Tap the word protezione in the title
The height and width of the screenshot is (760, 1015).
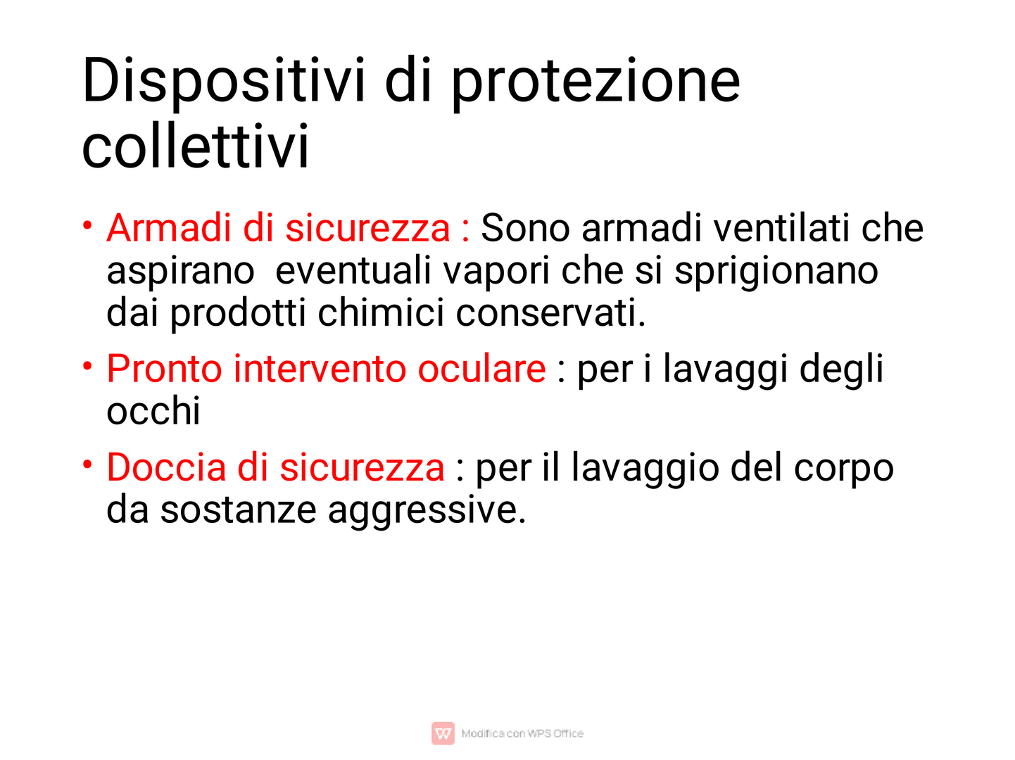[595, 84]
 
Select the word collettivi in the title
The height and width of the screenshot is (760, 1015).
[195, 145]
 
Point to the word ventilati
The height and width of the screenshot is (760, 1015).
[781, 227]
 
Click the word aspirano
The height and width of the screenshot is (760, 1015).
[180, 272]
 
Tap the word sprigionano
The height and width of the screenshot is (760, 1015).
[776, 272]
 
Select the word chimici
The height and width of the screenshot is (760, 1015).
[381, 312]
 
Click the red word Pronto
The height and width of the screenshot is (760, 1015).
[164, 369]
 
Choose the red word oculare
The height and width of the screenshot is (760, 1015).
[482, 369]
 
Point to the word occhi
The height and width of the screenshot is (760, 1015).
[153, 410]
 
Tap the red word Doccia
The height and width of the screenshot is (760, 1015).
[167, 467]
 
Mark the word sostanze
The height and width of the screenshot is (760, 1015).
[238, 511]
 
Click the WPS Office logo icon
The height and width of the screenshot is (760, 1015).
[443, 733]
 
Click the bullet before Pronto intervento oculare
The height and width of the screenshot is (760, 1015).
[87, 366]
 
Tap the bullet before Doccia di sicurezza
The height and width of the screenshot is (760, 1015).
[87, 464]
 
